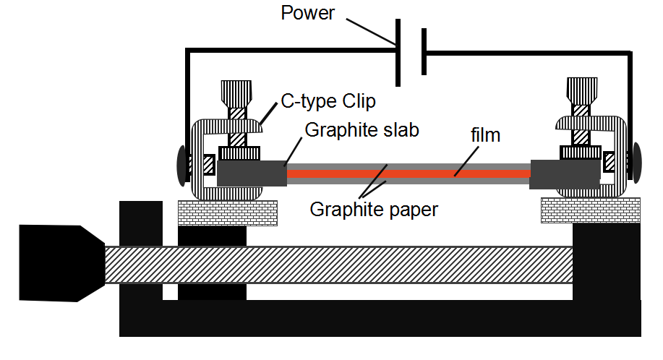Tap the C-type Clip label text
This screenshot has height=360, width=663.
click(x=328, y=101)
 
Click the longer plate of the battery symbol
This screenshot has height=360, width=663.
click(x=398, y=51)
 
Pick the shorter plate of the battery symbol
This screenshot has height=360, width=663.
click(x=424, y=51)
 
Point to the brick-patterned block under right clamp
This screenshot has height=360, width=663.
click(x=590, y=210)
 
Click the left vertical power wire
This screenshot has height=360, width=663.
click(x=188, y=108)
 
